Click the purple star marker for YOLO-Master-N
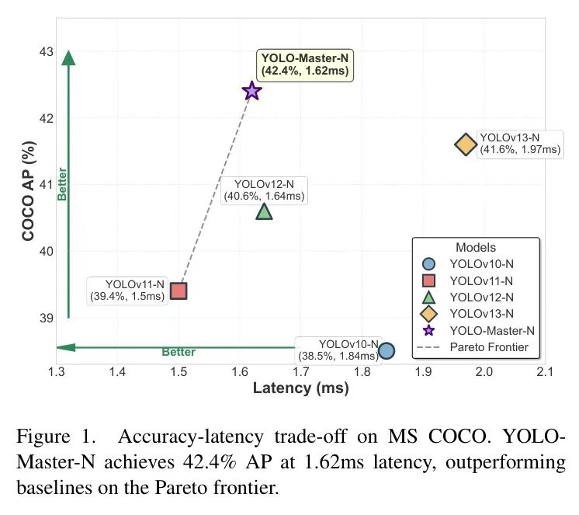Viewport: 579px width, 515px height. (251, 91)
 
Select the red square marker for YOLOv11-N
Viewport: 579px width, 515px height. (179, 291)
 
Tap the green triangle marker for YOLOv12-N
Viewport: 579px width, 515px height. (264, 211)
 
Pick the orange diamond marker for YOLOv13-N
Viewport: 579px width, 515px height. (465, 144)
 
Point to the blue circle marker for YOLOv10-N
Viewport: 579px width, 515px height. (387, 351)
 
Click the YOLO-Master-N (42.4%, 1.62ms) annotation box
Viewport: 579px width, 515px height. (304, 64)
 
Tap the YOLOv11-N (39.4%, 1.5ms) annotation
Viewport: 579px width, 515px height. (127, 290)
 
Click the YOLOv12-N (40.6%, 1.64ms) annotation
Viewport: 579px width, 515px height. (264, 190)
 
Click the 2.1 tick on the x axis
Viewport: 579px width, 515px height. (545, 373)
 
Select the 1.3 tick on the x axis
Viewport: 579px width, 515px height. (57, 373)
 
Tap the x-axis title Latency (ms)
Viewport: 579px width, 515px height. (300, 388)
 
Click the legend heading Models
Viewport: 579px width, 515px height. (475, 247)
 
